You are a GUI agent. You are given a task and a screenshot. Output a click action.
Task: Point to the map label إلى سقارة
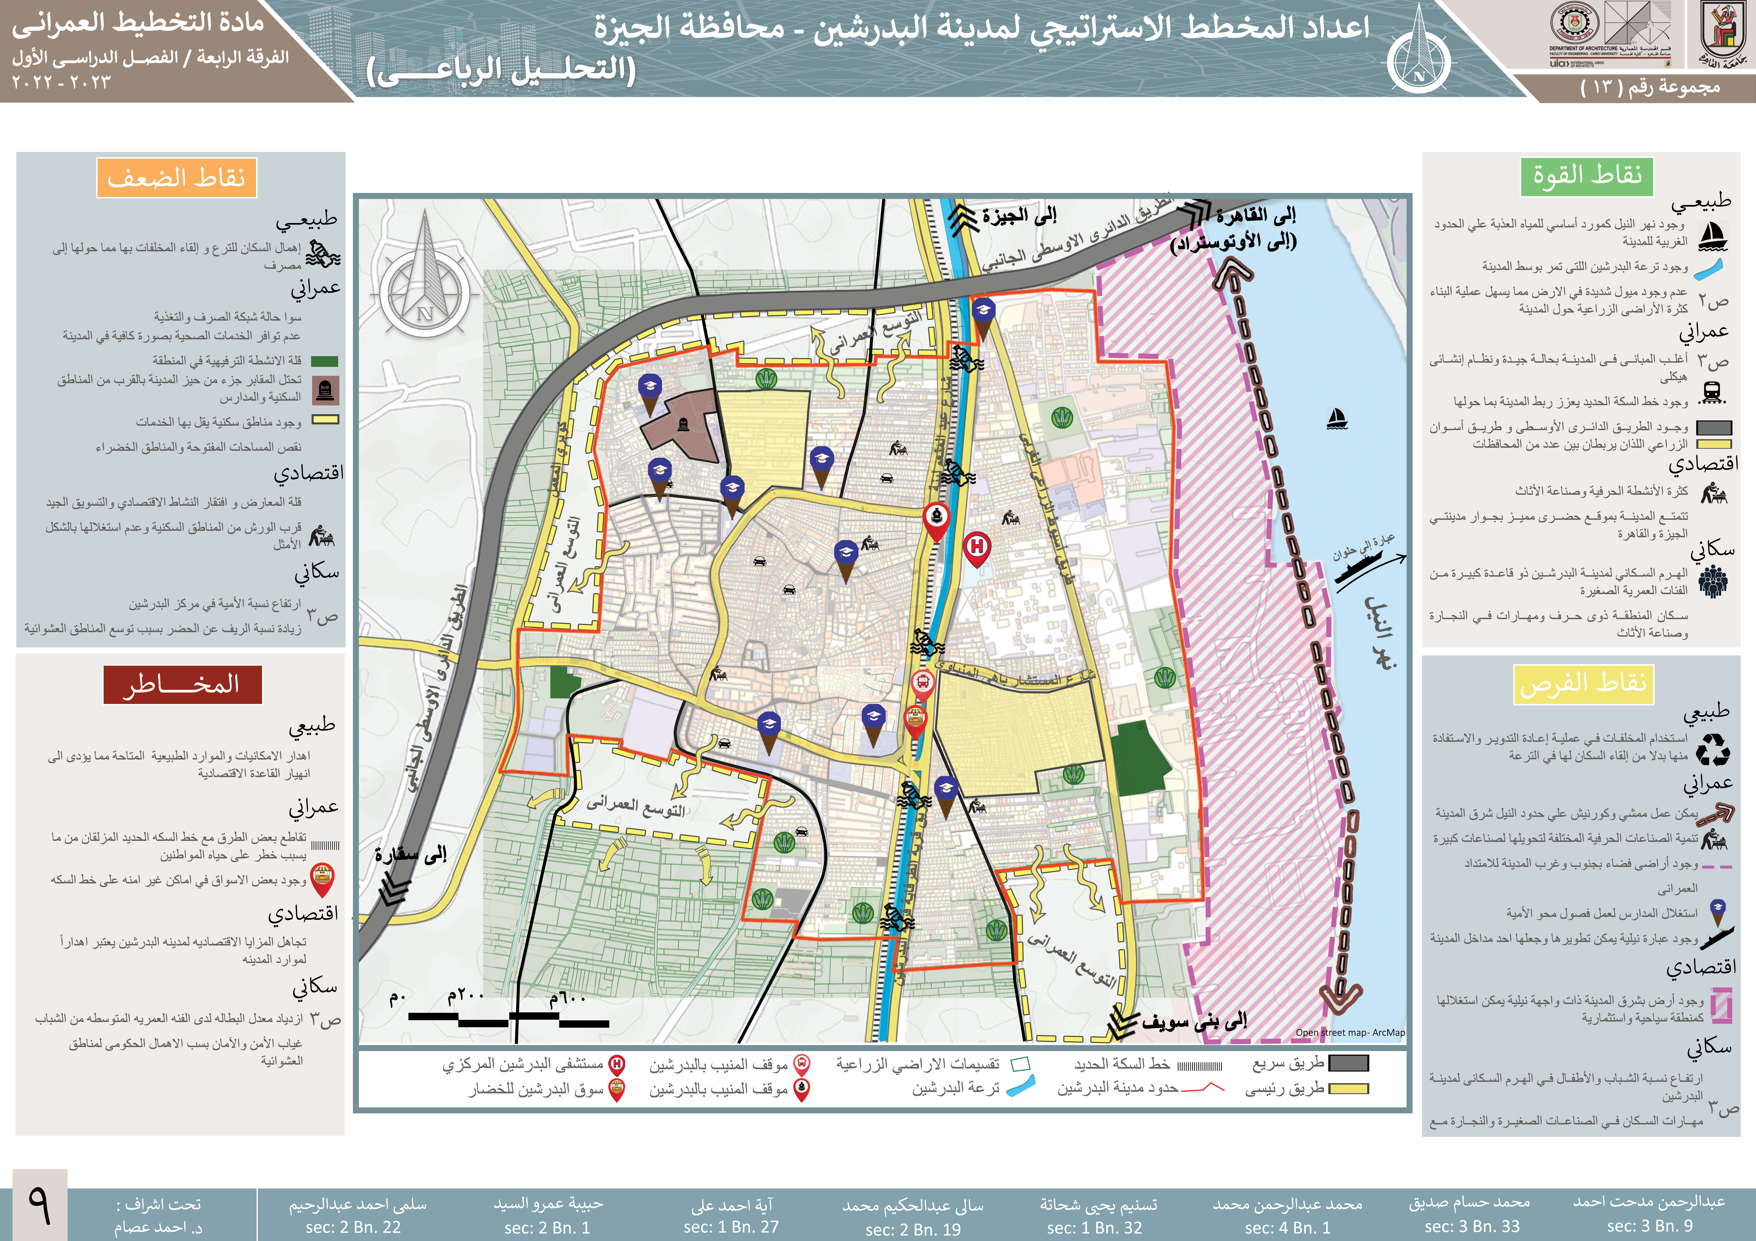(x=411, y=855)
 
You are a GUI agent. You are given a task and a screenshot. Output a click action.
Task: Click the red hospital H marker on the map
(x=977, y=548)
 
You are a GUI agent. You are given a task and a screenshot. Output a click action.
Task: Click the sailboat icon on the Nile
(x=1336, y=419)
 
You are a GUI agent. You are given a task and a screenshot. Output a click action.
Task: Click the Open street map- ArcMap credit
(x=1350, y=1032)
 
